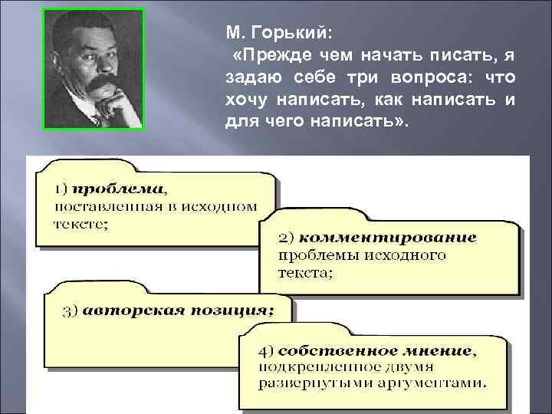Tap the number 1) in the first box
click(63, 188)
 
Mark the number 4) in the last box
click(266, 352)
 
